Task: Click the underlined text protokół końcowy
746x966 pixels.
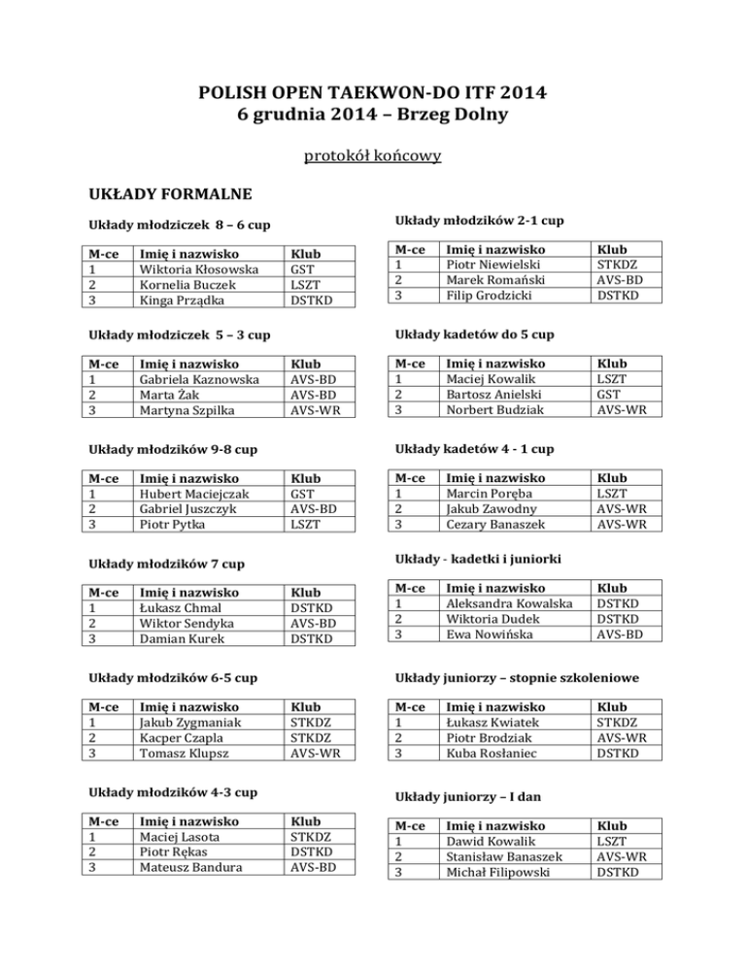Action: [373, 155]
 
